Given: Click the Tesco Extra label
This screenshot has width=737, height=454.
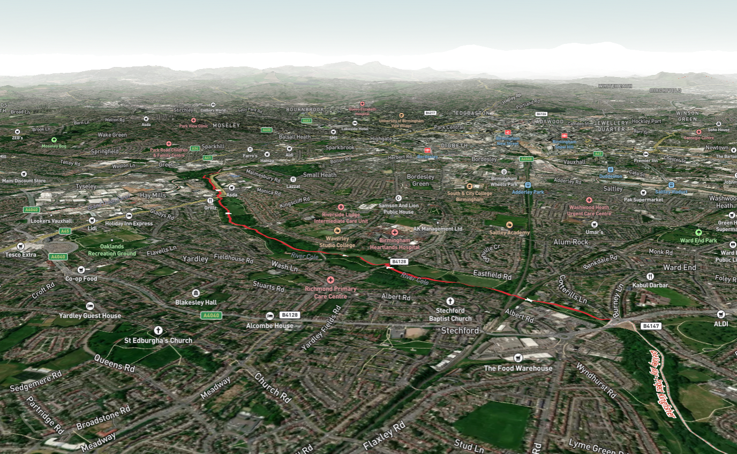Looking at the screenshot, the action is [x=21, y=254].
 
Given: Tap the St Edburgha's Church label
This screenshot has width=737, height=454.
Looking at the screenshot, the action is [x=158, y=340].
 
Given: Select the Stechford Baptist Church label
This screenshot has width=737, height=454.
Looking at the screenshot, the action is [x=450, y=314].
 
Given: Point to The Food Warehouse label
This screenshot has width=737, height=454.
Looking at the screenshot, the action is [x=517, y=368].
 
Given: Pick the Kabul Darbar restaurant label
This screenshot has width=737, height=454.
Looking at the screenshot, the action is [x=650, y=285].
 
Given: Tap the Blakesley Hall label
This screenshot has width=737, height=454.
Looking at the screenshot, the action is [x=196, y=302].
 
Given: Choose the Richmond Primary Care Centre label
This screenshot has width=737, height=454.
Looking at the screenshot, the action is [x=330, y=292].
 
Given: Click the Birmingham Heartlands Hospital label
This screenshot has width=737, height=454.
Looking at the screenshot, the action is [x=395, y=244].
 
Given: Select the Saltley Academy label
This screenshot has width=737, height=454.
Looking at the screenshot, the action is [x=509, y=232].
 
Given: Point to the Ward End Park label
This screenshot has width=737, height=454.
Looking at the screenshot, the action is [x=698, y=240].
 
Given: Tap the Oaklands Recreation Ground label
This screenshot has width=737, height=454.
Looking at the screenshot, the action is [x=112, y=250].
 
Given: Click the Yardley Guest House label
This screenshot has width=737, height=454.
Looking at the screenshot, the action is [x=90, y=315].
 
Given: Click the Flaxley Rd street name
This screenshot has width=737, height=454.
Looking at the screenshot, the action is [x=384, y=436].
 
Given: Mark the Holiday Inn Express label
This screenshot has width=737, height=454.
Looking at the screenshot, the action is [x=129, y=223].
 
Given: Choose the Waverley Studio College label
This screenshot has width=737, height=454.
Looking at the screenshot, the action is [x=337, y=241].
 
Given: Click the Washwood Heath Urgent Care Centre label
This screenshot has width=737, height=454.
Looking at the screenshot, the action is [x=589, y=210].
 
